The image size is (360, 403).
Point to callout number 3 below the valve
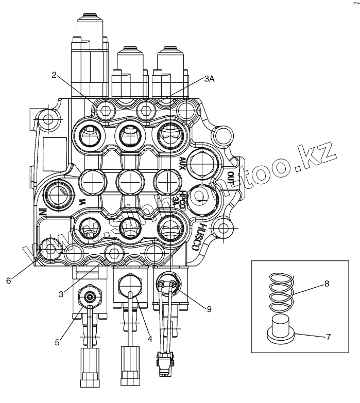coord(61,294)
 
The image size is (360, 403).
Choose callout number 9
coord(209,309)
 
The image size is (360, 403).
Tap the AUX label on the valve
coord(182,163)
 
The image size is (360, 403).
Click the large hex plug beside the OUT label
coord(202,164)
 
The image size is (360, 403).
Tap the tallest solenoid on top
coord(91,51)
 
